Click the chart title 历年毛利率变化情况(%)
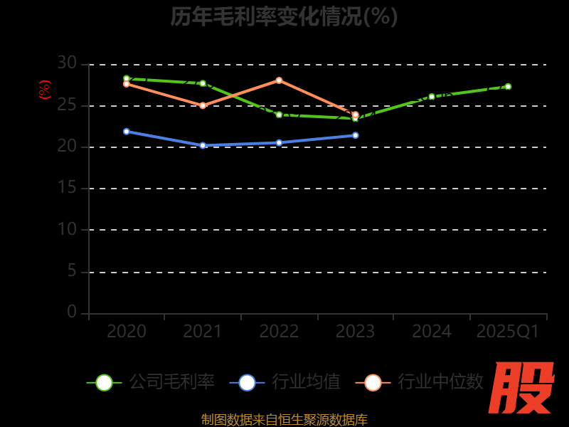tap(284, 16)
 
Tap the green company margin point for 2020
tap(127, 79)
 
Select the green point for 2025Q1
tap(508, 87)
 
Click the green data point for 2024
tap(432, 97)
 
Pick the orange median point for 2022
tap(279, 80)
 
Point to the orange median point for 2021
tap(203, 105)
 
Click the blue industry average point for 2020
tap(127, 132)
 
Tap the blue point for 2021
tap(203, 145)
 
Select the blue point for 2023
tap(356, 135)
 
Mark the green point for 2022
tap(279, 115)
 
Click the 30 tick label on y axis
tap(67, 63)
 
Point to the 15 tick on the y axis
tap(67, 188)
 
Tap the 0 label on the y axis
tap(72, 312)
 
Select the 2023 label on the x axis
tap(355, 332)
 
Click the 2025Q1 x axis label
tap(508, 332)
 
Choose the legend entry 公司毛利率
tap(151, 382)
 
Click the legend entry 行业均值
tap(285, 382)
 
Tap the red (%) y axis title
tap(45, 90)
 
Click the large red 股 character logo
tap(523, 388)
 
